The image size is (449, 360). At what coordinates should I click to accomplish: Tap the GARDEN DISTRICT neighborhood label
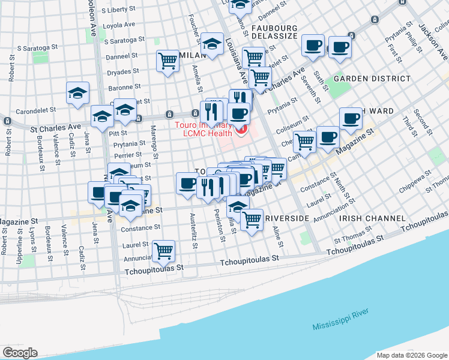tap(372, 79)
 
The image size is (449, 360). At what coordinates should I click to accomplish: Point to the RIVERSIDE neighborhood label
tap(287, 218)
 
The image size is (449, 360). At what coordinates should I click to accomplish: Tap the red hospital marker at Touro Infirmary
tap(241, 130)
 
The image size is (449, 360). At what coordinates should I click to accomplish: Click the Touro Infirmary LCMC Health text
tap(204, 129)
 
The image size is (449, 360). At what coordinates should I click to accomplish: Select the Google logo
tap(20, 353)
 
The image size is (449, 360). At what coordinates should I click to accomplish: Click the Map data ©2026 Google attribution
tap(412, 355)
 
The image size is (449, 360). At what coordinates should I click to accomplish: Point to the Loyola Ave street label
tap(119, 25)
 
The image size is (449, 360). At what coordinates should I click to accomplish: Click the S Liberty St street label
tap(121, 10)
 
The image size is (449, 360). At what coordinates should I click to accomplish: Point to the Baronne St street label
tap(125, 88)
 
